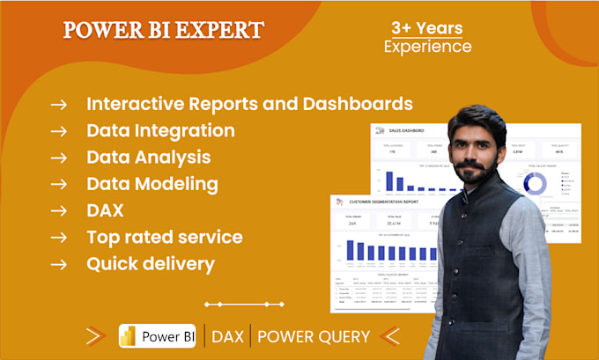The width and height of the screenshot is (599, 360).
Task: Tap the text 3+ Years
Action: (x=427, y=27)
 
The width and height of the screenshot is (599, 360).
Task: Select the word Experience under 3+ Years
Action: (x=427, y=47)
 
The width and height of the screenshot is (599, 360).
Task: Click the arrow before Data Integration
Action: (x=59, y=131)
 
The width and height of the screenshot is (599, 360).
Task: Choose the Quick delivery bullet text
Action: (x=151, y=263)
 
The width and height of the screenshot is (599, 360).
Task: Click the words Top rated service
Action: (x=165, y=237)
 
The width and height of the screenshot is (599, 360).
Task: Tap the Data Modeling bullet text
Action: (x=152, y=184)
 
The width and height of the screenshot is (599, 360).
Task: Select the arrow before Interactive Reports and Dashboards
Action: (x=59, y=105)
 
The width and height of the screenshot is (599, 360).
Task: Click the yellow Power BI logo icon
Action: (x=130, y=336)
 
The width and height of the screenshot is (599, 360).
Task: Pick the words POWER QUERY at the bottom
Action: (x=313, y=336)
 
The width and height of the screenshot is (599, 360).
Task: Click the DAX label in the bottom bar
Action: (x=228, y=336)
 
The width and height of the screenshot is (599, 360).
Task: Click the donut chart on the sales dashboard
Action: (x=534, y=182)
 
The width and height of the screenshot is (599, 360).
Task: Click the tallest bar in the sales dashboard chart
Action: (x=389, y=180)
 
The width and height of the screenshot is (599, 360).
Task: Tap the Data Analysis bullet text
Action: (x=148, y=158)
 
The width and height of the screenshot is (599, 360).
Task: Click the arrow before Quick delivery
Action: (x=59, y=263)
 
